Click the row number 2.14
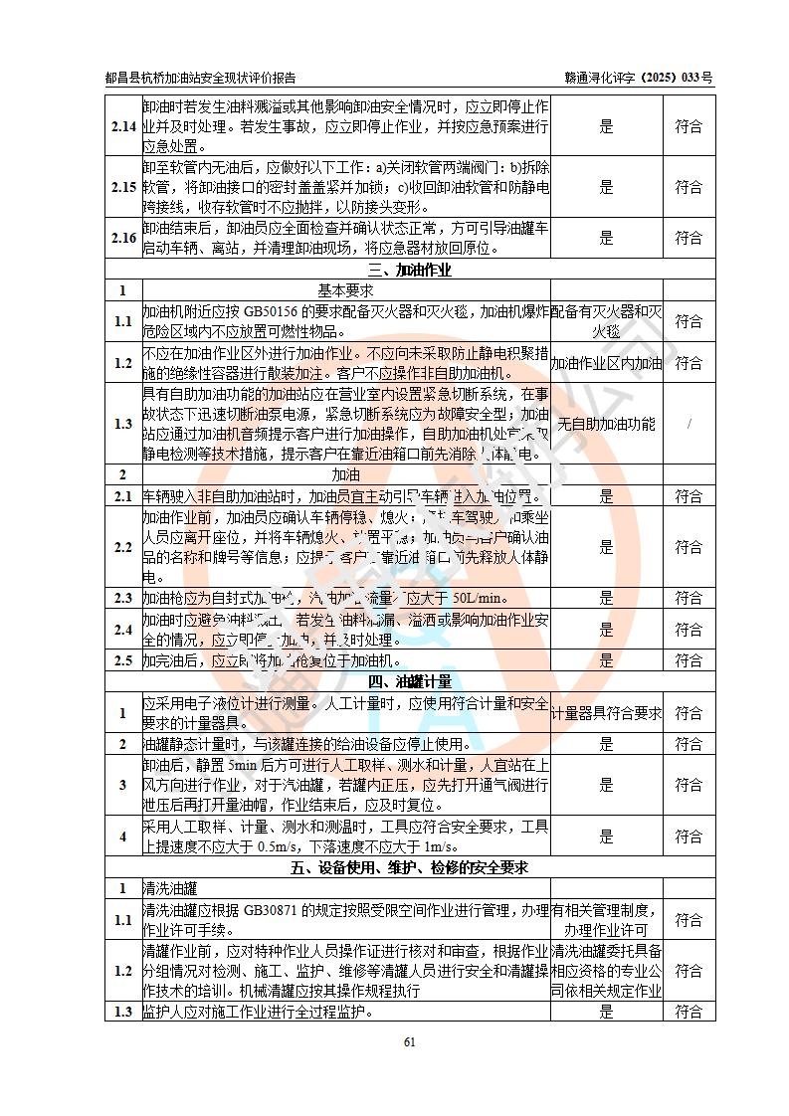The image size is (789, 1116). pos(123,126)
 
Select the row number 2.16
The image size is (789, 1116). pos(123,238)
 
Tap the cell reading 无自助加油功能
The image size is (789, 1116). pos(606,424)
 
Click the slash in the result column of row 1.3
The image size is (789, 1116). pos(689,424)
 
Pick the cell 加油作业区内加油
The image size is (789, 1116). pos(606,363)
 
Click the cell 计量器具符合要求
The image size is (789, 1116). pos(606,713)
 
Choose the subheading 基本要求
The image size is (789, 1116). pos(345,290)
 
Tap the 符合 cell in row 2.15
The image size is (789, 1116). pos(689,187)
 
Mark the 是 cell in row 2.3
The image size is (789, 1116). pos(606,598)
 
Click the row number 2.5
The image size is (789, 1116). pos(123,660)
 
